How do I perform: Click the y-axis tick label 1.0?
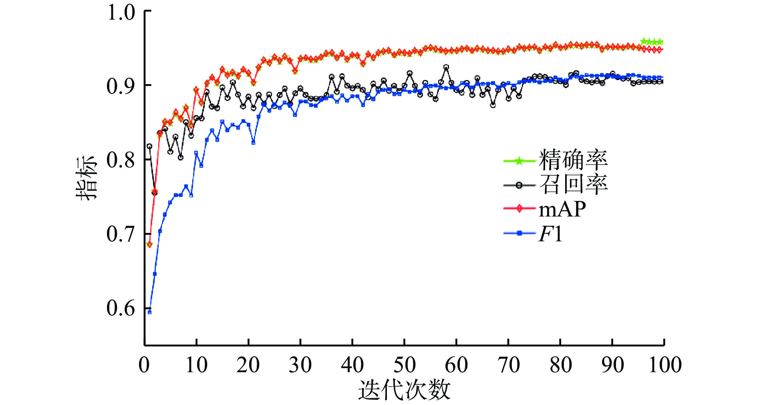tap(121, 12)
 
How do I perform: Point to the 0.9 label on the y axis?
tap(121, 86)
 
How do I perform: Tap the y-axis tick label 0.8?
tap(121, 160)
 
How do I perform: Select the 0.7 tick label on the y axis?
tap(121, 234)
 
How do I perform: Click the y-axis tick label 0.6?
tap(121, 308)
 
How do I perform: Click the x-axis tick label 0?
tap(144, 365)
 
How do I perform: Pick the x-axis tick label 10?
tap(196, 365)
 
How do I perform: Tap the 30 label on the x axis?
tap(300, 365)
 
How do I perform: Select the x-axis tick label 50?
tap(404, 365)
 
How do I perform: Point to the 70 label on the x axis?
tap(508, 365)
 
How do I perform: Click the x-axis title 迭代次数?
tap(404, 390)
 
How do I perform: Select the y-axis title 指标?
tap(87, 178)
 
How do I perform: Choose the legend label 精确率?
tap(573, 160)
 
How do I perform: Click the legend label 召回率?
tap(573, 184)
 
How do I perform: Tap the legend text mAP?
tap(562, 209)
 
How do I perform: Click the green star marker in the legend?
tap(519, 161)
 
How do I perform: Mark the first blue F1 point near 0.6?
tap(149, 312)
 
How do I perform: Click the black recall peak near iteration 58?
tap(446, 67)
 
